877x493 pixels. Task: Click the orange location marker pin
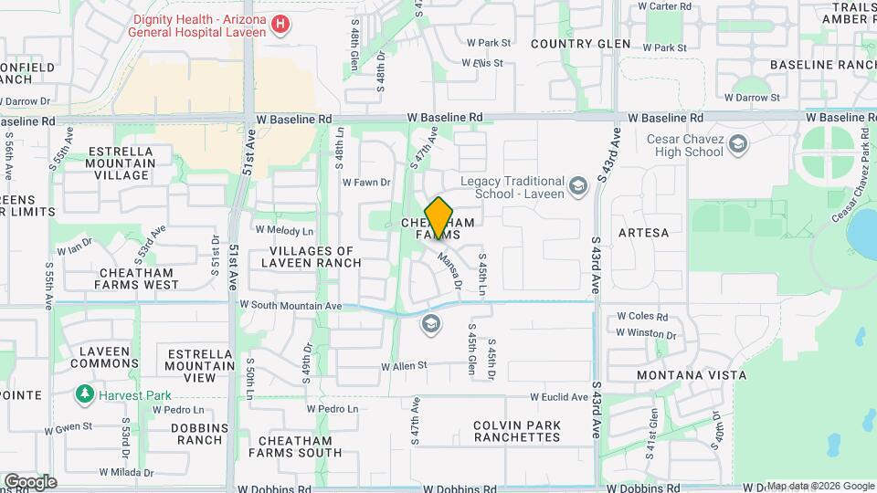point(439,217)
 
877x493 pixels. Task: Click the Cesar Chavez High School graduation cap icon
point(738,143)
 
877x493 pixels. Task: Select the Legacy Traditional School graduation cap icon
point(577,187)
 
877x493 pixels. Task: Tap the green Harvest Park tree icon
point(85,394)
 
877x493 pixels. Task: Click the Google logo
point(29,482)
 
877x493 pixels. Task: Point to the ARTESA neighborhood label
point(643,233)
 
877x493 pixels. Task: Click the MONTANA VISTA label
point(691,375)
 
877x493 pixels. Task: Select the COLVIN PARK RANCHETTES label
point(517,431)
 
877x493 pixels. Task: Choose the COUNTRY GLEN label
point(580,44)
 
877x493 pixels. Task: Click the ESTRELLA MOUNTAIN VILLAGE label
point(122,163)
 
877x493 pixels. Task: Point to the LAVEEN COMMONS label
point(108,357)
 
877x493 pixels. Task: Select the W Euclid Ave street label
point(559,397)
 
